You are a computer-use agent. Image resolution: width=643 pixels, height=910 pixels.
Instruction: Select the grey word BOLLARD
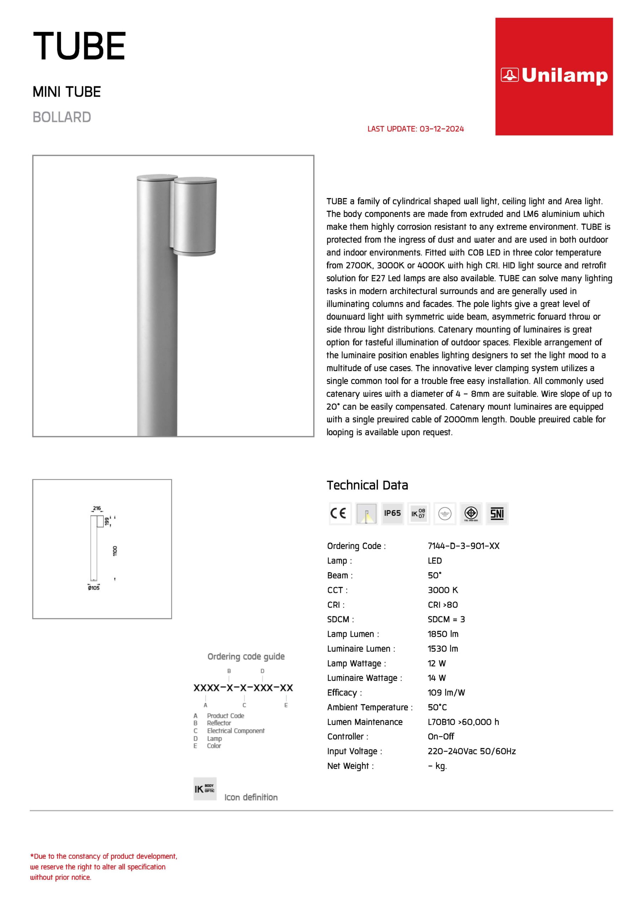click(62, 117)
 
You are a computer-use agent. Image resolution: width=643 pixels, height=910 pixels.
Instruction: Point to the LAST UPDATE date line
click(415, 129)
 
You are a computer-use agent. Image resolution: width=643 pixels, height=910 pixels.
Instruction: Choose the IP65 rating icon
click(392, 513)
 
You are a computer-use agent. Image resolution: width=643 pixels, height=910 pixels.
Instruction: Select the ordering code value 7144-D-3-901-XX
click(463, 546)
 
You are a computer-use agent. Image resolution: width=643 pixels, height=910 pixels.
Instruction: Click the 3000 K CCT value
click(443, 590)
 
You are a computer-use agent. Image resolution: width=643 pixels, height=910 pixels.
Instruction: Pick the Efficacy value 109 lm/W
click(446, 692)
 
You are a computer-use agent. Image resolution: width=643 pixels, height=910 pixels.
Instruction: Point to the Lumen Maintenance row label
click(364, 722)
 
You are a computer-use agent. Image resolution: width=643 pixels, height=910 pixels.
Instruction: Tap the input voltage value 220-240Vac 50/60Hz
click(471, 751)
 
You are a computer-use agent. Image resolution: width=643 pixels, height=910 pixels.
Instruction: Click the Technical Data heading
click(367, 485)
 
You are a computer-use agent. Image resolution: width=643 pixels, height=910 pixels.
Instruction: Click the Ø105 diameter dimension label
click(94, 588)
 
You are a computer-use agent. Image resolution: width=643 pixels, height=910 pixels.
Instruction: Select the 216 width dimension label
click(97, 508)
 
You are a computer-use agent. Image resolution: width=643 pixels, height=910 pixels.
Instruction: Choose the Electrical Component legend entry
click(235, 730)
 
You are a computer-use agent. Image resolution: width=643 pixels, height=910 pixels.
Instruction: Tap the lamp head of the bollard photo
click(195, 216)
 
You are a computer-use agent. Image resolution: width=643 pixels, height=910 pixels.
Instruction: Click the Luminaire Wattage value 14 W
click(437, 678)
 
